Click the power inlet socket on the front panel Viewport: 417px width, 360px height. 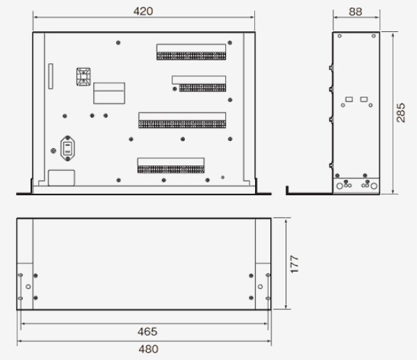[x=68, y=147]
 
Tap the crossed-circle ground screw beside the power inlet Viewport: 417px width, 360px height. [x=53, y=150]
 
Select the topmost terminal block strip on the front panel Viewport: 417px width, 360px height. [x=191, y=54]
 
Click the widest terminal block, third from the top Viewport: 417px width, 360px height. [x=182, y=120]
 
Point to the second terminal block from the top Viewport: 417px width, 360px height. [x=199, y=83]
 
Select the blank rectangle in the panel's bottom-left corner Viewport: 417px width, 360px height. [x=61, y=177]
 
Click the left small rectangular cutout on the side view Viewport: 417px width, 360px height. [x=349, y=99]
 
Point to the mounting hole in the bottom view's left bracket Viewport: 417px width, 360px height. [x=27, y=286]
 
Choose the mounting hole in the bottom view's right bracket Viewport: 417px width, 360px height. [x=260, y=286]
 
